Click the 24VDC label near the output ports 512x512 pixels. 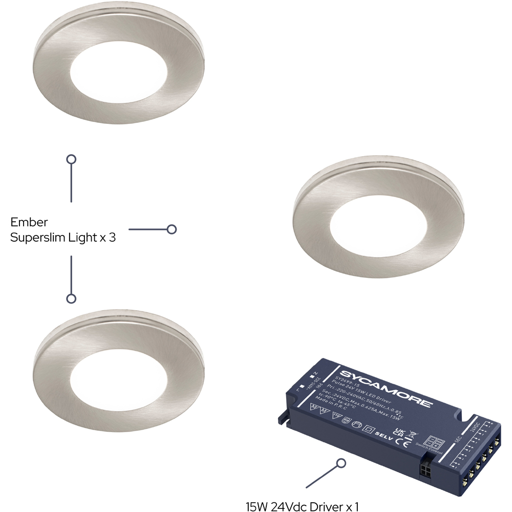point(475,426)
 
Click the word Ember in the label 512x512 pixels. point(29,223)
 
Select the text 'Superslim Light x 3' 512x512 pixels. point(63,238)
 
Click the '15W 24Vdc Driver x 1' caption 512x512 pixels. point(302,507)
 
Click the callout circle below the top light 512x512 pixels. point(72,159)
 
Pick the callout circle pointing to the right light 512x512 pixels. point(172,229)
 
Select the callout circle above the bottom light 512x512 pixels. point(72,298)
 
